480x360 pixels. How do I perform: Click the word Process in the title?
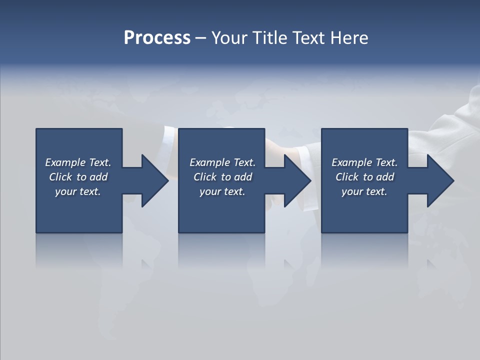point(157,38)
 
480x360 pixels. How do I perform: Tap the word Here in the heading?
point(349,38)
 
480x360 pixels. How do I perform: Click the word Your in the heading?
point(230,38)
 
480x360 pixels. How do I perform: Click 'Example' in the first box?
point(65,162)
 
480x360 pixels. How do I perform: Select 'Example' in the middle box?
point(210,162)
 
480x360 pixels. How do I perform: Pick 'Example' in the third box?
point(352,162)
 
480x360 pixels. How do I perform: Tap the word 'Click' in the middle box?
point(205,177)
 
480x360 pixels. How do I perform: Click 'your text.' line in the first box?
point(78,191)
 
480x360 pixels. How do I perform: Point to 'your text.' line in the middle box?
point(222,191)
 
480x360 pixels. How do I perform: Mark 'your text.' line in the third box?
point(364,191)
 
